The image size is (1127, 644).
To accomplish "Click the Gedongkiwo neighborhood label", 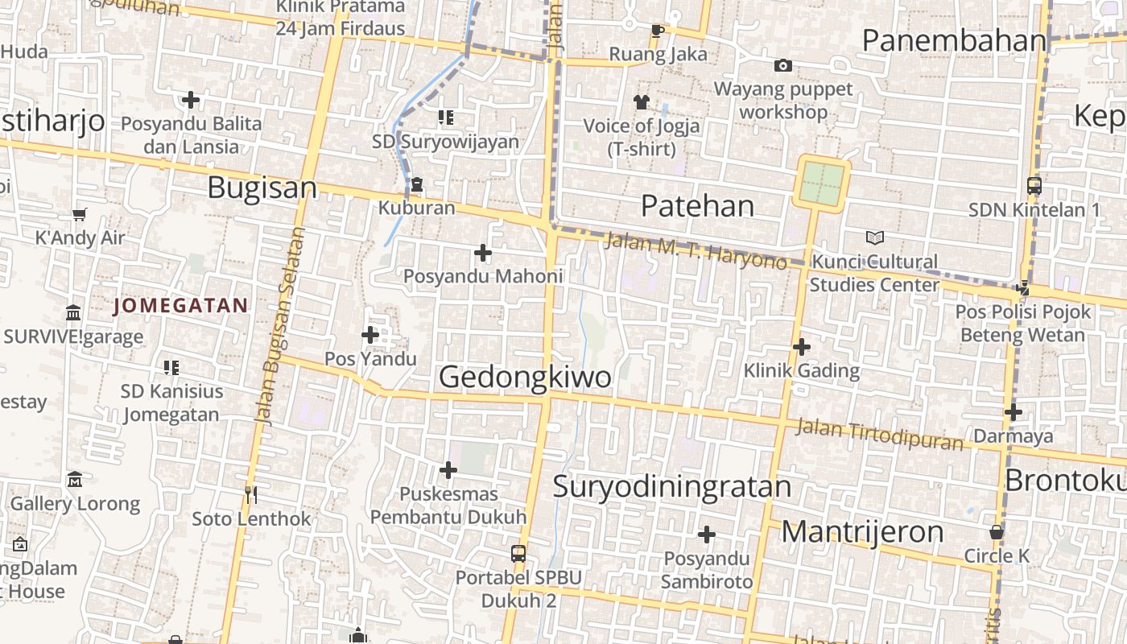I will pyautogui.click(x=524, y=377).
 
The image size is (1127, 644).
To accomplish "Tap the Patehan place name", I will pyautogui.click(x=697, y=206).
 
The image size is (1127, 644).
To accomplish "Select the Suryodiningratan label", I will pyautogui.click(x=672, y=487).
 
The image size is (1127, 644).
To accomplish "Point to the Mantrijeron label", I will pyautogui.click(x=862, y=532).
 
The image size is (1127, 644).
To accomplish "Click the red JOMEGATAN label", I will pyautogui.click(x=180, y=306).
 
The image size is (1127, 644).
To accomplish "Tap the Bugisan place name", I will pyautogui.click(x=262, y=188).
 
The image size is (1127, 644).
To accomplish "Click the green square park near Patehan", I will pyautogui.click(x=823, y=184).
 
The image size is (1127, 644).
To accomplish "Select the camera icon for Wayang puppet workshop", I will pyautogui.click(x=782, y=65).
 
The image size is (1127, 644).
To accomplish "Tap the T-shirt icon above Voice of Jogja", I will pyautogui.click(x=641, y=102).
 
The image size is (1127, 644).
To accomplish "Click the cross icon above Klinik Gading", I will pyautogui.click(x=801, y=347).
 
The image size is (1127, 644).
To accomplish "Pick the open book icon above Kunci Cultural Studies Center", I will pyautogui.click(x=874, y=237).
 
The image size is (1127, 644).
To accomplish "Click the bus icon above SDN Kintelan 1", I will pyautogui.click(x=1034, y=186).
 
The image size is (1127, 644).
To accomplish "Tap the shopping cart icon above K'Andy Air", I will pyautogui.click(x=79, y=214).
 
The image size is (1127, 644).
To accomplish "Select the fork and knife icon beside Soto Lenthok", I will pyautogui.click(x=251, y=494).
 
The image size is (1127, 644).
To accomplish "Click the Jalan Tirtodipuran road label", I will pyautogui.click(x=879, y=435).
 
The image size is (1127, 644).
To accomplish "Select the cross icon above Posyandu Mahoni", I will pyautogui.click(x=482, y=253).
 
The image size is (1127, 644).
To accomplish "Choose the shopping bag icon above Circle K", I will pyautogui.click(x=997, y=532).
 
